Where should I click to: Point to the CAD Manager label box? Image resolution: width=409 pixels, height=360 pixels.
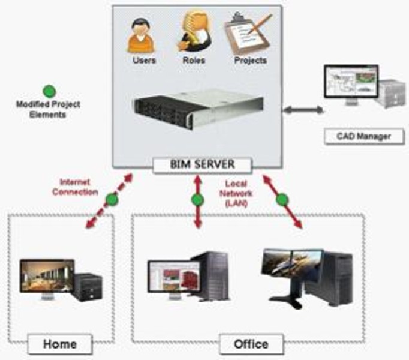click(x=357, y=136)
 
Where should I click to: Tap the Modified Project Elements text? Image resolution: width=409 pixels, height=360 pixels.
click(x=49, y=109)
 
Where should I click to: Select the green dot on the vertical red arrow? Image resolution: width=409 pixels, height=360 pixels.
click(x=196, y=200)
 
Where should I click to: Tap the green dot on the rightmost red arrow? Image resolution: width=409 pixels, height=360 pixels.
click(x=282, y=199)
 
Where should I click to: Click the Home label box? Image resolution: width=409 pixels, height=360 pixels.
click(x=60, y=344)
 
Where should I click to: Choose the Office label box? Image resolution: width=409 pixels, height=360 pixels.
click(x=251, y=344)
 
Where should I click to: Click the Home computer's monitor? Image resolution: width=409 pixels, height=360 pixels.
click(x=47, y=276)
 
